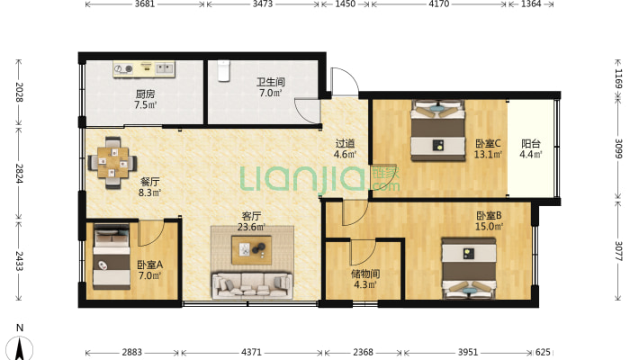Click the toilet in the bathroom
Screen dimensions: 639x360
[x=223, y=70]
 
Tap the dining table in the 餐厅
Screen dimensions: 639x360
[x=112, y=162]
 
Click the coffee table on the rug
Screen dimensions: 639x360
[x=252, y=249]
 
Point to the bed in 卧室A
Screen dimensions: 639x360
[x=112, y=256]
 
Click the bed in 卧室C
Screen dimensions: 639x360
[x=438, y=130]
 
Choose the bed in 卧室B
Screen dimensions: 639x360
[x=469, y=269]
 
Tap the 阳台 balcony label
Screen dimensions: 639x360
[x=531, y=143]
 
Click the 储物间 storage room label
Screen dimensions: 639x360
[x=365, y=274]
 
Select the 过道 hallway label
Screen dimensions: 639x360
[x=345, y=143]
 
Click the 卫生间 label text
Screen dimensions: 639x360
[x=271, y=82]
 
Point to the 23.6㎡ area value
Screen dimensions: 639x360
[x=251, y=227]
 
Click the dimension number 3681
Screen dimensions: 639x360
[x=145, y=4]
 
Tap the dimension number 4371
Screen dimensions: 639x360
[x=251, y=352]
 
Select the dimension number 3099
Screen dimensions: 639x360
[x=618, y=148]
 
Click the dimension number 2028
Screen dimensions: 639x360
[x=19, y=92]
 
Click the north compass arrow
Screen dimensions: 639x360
[x=19, y=348]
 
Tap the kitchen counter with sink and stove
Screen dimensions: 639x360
[x=144, y=69]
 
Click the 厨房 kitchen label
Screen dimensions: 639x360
[x=145, y=94]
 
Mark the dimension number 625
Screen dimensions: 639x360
[x=543, y=352]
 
